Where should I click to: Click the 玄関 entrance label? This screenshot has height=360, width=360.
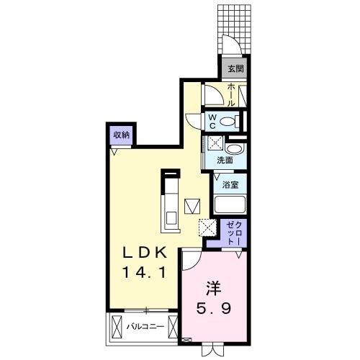point(235,69)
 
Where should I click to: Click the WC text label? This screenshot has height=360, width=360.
point(213,120)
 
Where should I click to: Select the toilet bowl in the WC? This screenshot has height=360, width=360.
point(231,121)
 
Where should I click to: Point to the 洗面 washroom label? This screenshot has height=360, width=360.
point(225,160)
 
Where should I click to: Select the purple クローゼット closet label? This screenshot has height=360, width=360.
point(232,233)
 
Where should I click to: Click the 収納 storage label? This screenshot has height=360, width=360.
point(121,135)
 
